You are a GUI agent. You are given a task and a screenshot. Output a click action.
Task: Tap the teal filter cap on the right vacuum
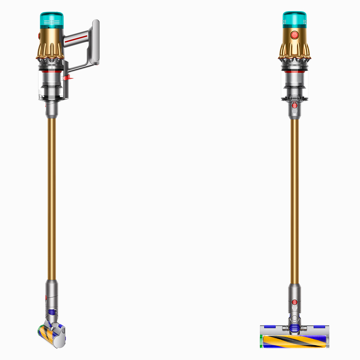pos(295,19)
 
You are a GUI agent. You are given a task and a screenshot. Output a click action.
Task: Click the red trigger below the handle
pos(68,76)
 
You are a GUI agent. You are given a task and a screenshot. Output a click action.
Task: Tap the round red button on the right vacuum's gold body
pos(295,36)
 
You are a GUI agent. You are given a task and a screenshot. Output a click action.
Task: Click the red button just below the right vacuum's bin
pos(295,106)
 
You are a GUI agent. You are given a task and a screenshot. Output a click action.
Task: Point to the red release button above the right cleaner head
pos(295,302)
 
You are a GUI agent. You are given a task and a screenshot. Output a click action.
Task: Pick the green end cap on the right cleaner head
pos(262,341)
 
